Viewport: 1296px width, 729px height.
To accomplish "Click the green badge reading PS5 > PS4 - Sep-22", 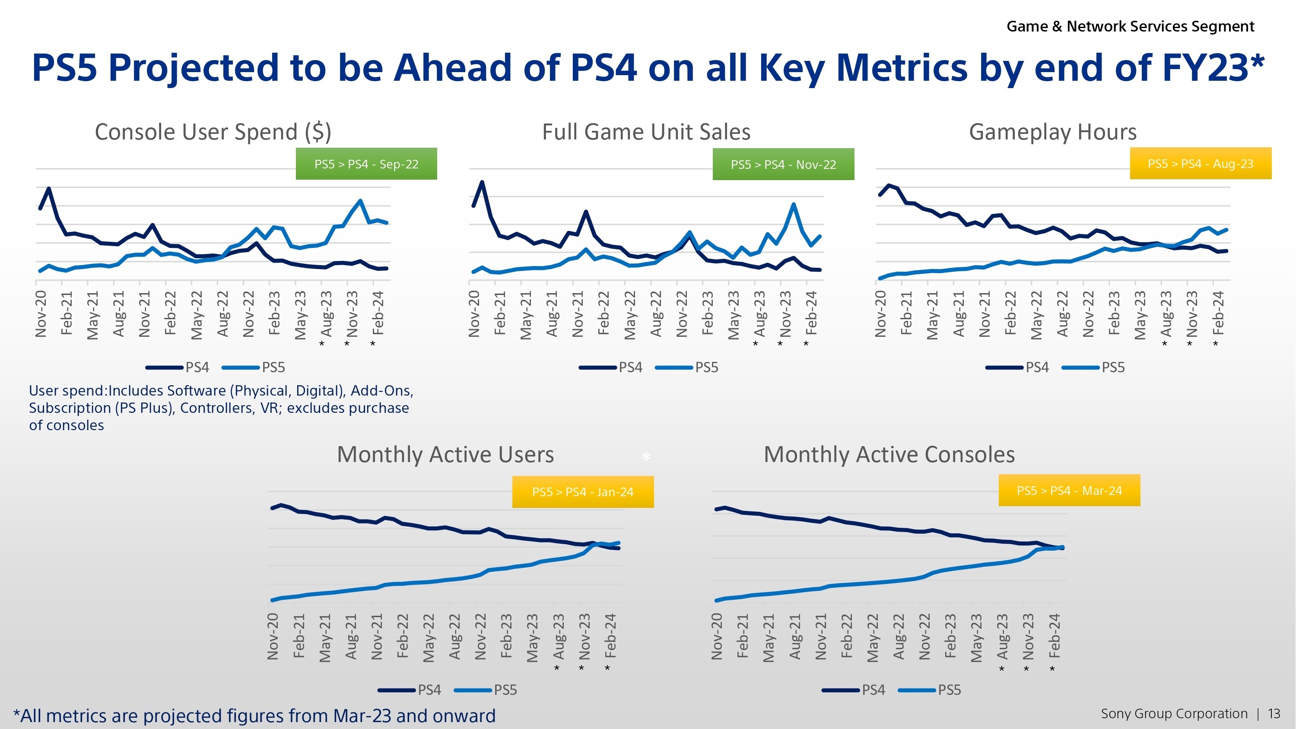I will click(x=366, y=164).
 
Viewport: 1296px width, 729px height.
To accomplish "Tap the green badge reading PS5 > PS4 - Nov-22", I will click(x=783, y=165).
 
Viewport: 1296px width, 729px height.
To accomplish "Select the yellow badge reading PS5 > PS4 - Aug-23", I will click(x=1201, y=164).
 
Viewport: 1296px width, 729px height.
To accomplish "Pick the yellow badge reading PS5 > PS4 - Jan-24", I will click(x=583, y=491).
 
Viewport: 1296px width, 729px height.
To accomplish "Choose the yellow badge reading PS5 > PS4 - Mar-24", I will click(x=1069, y=491).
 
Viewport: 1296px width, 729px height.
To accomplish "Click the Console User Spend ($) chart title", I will click(x=213, y=132).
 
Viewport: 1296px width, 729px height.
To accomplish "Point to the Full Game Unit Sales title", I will click(x=646, y=132).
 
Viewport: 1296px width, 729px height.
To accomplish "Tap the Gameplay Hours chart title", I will click(x=1052, y=132).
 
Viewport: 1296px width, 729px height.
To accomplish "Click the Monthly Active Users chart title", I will click(x=445, y=454).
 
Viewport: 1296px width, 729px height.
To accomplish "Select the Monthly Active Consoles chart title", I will click(x=889, y=454).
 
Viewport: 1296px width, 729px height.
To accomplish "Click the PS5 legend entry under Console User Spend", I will click(x=273, y=367).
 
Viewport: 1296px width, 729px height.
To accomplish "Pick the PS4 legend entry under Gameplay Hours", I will click(x=1037, y=367).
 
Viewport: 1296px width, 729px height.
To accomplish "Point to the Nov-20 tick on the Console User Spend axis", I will click(x=41, y=314).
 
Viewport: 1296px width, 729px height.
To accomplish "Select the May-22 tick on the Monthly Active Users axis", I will click(x=429, y=637).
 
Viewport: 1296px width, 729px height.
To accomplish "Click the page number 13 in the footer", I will click(x=1274, y=713).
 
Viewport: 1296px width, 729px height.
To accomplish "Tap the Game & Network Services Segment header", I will click(x=1130, y=26).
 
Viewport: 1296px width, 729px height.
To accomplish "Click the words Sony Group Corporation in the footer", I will click(x=1174, y=713).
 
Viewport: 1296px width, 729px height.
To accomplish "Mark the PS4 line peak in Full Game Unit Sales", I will click(x=482, y=182).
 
